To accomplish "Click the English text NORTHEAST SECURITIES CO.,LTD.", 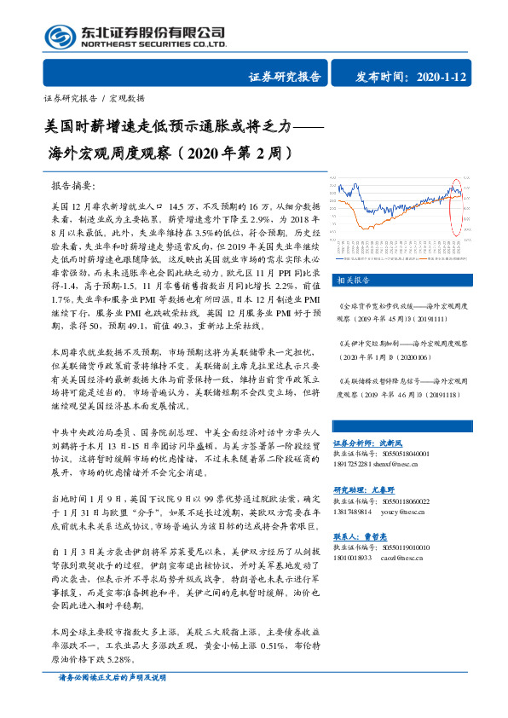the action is pos(153,43).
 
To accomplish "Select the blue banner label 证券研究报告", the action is pos(285,78).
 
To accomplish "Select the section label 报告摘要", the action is pos(74,185).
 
